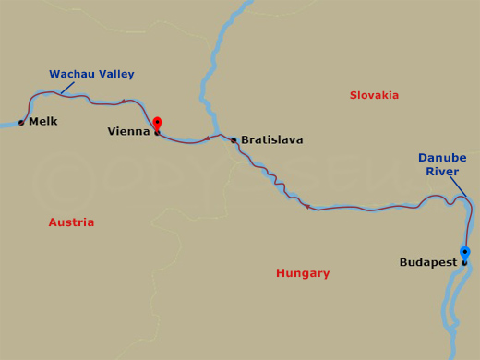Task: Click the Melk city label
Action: point(43,121)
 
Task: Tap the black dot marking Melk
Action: point(21,122)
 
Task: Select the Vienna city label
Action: point(128,131)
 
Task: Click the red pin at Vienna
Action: point(157,123)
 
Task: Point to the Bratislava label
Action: point(271,140)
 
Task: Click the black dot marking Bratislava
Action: point(234,140)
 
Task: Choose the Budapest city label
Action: point(428,262)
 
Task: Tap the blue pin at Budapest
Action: point(464,252)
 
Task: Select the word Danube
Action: point(442,158)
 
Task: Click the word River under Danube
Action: point(442,172)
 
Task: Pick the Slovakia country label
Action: point(374,95)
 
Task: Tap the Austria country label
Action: point(71,222)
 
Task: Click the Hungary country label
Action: point(303,273)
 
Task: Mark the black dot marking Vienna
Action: point(157,133)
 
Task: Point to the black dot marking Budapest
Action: point(464,262)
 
